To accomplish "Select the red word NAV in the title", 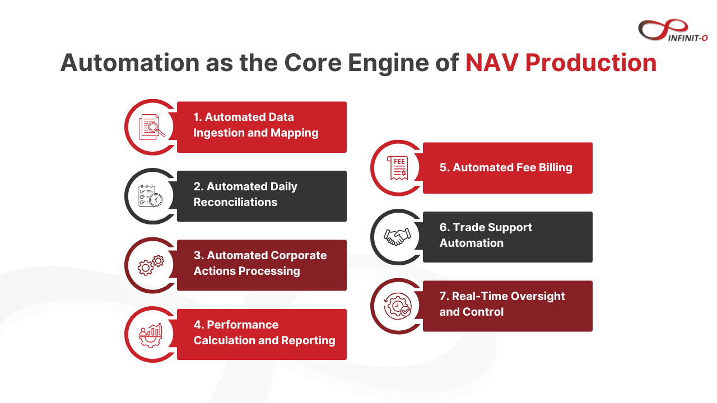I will [x=491, y=63].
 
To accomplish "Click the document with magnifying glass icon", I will [x=152, y=126].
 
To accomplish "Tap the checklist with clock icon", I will [x=151, y=196].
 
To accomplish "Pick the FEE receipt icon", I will [x=398, y=168].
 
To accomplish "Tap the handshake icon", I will [x=397, y=237].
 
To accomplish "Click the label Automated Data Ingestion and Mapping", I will [x=256, y=125].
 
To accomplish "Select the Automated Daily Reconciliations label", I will [x=245, y=195].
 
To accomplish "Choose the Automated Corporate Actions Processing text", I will [x=260, y=263].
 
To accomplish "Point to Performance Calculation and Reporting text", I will [x=264, y=332].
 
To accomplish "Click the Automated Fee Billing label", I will [x=506, y=167].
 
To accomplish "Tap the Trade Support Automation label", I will [x=486, y=235].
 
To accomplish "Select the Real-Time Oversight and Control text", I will [x=502, y=304].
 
